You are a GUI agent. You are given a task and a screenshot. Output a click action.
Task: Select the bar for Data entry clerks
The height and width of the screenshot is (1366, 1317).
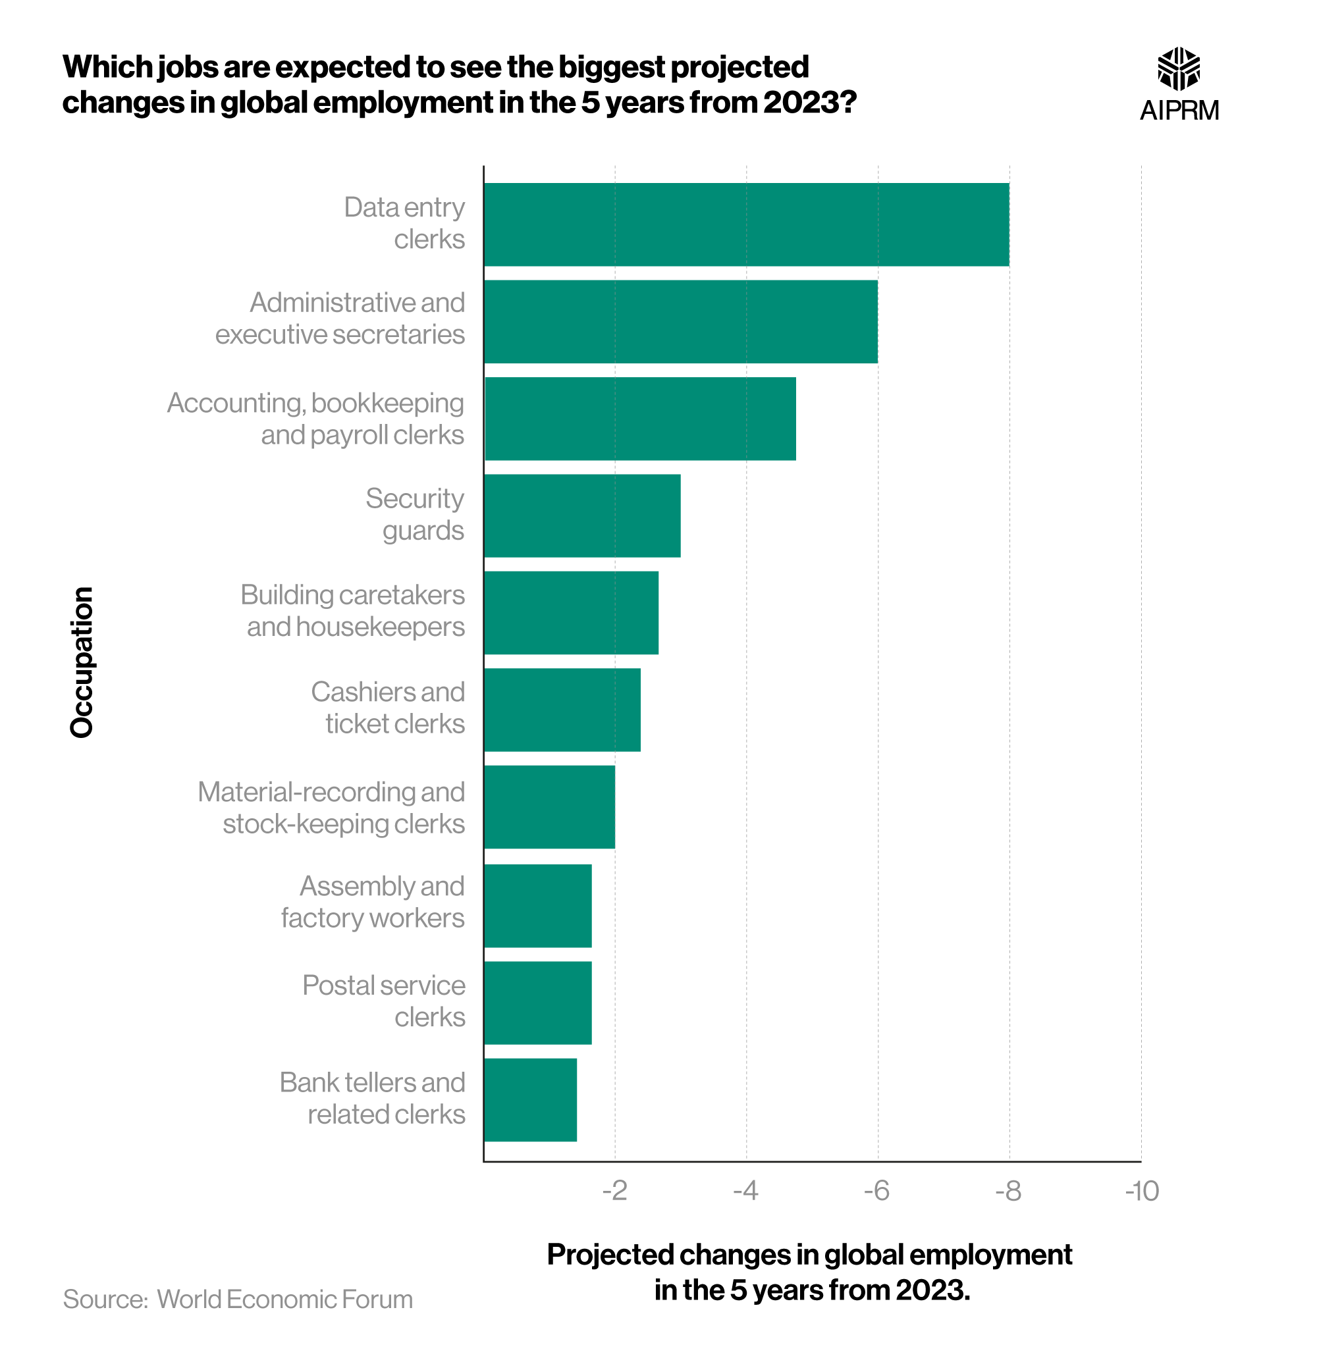746,224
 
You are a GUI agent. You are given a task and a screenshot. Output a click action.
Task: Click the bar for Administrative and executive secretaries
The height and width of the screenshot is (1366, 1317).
680,321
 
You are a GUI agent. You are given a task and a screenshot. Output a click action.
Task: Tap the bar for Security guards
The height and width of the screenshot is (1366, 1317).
582,515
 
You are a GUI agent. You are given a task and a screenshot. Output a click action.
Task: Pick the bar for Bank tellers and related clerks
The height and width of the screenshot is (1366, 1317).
530,1099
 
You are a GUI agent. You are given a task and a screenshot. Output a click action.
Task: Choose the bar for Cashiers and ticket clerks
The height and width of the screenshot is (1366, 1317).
562,710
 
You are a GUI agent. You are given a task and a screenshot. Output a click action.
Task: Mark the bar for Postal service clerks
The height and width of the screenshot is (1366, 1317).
537,1002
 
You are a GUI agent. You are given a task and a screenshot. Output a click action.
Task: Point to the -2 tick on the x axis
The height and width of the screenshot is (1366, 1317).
614,1191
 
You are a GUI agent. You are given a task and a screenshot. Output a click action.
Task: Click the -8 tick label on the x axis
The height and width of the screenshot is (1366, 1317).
1008,1191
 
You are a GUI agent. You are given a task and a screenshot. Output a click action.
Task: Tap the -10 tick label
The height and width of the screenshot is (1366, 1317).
1141,1191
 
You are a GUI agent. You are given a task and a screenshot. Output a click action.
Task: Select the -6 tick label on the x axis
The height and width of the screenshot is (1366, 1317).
876,1191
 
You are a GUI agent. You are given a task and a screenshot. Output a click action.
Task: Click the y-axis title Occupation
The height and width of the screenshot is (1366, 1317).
82,662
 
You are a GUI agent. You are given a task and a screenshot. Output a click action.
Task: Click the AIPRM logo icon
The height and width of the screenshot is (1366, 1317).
1178,68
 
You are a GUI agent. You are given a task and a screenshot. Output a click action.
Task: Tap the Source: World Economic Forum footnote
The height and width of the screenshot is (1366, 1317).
238,1299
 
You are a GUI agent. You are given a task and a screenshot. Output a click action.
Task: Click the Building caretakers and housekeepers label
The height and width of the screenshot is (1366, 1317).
353,610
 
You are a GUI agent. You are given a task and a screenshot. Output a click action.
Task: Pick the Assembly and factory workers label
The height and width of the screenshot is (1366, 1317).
373,902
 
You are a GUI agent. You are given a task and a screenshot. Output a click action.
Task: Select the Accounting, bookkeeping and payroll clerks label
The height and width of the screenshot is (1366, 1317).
316,418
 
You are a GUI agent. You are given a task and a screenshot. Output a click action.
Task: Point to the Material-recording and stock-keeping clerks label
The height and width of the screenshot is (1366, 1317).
332,807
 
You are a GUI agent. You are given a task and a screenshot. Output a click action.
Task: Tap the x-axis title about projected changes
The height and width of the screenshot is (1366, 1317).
809,1272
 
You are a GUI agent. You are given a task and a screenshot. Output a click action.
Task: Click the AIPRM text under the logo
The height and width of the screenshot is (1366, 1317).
1179,110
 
